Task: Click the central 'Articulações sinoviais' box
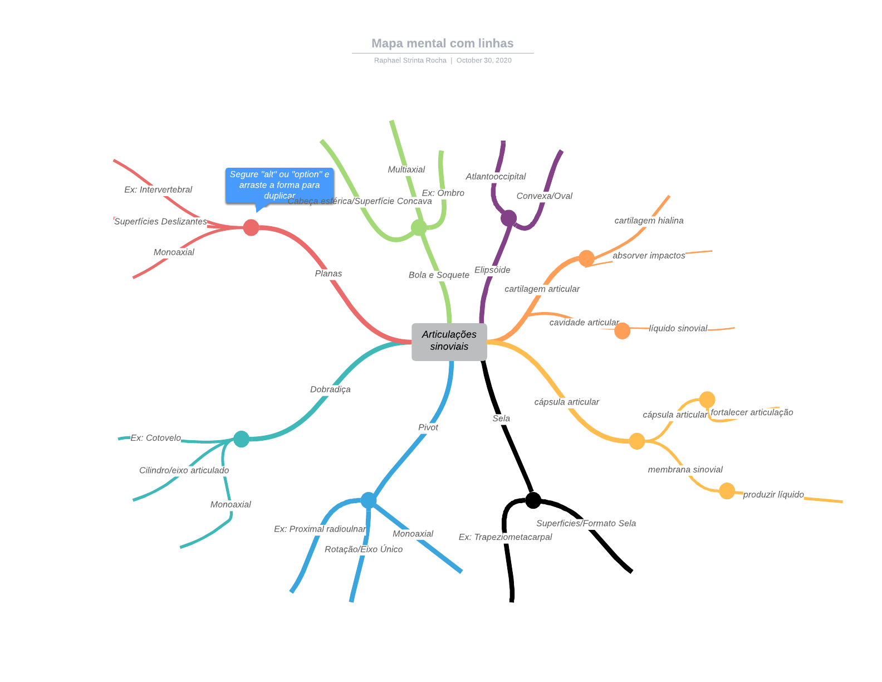(449, 341)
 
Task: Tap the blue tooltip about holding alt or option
(280, 184)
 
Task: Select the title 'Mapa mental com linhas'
(442, 43)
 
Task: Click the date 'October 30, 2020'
(484, 61)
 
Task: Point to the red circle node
(251, 227)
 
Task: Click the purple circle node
(508, 218)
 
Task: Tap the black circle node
(533, 500)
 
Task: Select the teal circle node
(241, 439)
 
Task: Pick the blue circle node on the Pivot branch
(369, 500)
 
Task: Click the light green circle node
(419, 227)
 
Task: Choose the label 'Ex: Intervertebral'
(158, 190)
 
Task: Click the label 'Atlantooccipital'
(496, 177)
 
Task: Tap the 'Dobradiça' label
(330, 389)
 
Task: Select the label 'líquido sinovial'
(678, 329)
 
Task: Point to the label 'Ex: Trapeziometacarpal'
(505, 537)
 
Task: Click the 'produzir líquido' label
(773, 495)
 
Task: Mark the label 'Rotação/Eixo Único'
(364, 549)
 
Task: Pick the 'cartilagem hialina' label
(649, 221)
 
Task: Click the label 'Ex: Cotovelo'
(155, 438)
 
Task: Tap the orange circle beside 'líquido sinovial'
(622, 331)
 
